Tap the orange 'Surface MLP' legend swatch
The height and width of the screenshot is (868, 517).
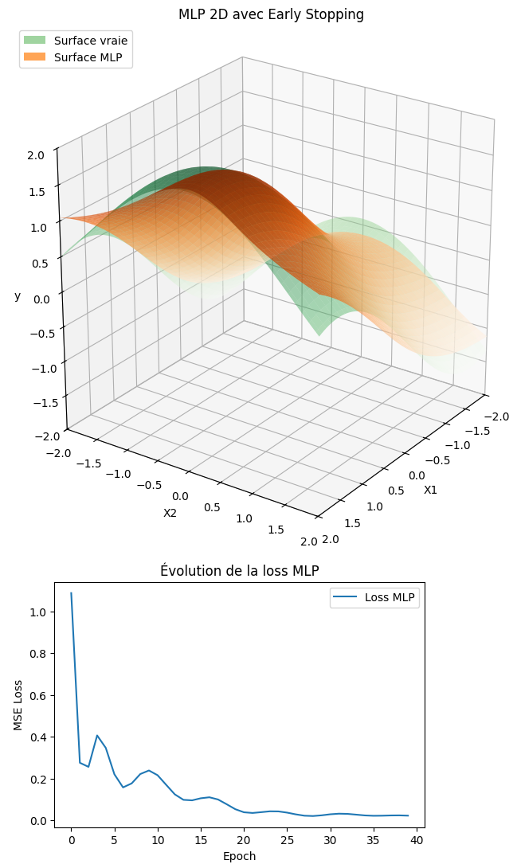coord(34,57)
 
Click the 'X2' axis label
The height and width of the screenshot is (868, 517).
coord(170,513)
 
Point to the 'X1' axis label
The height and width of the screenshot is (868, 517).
coord(430,490)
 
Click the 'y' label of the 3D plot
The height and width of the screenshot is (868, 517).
coord(18,296)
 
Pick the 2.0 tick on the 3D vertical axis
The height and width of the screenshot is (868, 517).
coord(36,155)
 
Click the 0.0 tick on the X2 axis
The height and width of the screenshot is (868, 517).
coord(180,496)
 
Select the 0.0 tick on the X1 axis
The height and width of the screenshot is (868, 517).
coord(416,475)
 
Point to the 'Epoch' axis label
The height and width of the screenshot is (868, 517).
coord(240,856)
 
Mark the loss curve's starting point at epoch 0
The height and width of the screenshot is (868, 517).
coord(71,593)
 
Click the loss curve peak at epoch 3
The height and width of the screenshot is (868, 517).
coord(97,735)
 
